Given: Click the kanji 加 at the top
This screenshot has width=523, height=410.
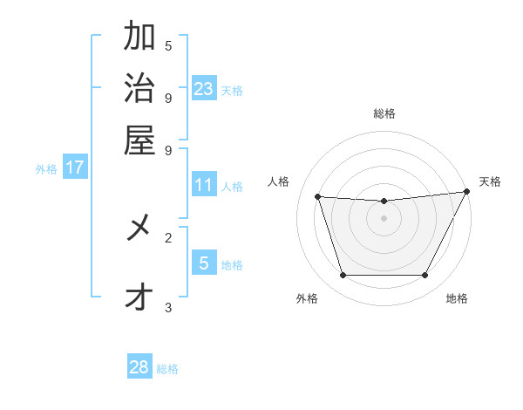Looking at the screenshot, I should tap(139, 38).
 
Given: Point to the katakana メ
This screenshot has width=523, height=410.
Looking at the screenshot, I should tap(139, 229).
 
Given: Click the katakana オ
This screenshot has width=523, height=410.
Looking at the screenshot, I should tap(139, 298).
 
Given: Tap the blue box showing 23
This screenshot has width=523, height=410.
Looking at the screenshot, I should tap(204, 88).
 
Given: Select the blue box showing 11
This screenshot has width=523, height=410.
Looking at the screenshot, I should tap(204, 185).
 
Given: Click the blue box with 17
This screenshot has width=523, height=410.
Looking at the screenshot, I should tap(75, 167).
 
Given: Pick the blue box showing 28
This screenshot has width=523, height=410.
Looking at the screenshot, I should tap(139, 367).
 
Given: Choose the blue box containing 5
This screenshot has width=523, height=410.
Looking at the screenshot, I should tap(204, 263).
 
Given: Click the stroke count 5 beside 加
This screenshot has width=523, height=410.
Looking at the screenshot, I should tap(168, 45).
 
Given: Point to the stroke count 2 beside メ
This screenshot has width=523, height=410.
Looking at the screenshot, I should tap(168, 236).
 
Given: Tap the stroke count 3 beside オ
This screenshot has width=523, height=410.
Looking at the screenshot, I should tap(168, 307).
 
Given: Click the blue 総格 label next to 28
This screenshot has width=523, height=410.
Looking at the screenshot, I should tap(167, 369).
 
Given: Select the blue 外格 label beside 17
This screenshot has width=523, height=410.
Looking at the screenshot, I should tap(46, 169).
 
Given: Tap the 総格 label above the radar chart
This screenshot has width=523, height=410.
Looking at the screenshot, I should tap(384, 113).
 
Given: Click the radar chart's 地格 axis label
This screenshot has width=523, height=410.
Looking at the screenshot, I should tap(457, 298).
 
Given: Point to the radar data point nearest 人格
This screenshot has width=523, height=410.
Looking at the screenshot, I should tap(318, 197).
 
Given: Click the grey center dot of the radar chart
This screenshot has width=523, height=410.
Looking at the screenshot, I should tap(384, 218).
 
